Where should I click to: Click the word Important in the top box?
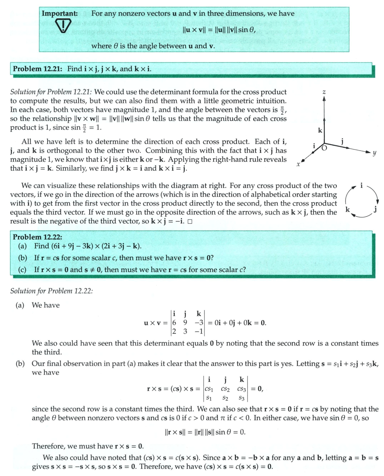(60, 13)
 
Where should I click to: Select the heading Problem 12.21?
(38, 69)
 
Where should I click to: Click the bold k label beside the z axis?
(320, 130)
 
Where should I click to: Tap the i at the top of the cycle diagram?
(362, 186)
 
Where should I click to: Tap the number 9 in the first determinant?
(185, 322)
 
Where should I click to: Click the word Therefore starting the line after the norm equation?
(48, 446)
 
